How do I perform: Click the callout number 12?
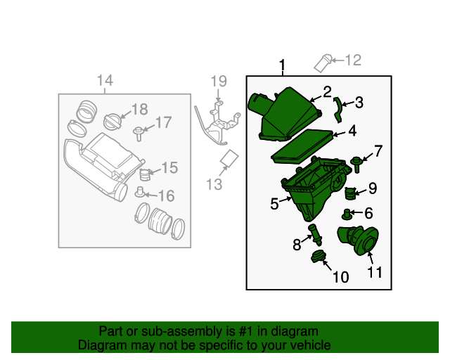point(353,60)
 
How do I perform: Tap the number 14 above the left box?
point(105,80)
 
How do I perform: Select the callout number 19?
point(219,82)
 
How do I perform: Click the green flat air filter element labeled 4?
point(302,146)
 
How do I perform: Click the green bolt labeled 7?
point(356,164)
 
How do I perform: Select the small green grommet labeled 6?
point(347,214)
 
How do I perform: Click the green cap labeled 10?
point(318,256)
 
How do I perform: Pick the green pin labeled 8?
point(315,235)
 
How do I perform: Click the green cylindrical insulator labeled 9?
point(350,193)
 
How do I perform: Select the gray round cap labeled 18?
point(112,121)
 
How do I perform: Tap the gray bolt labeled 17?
point(139,134)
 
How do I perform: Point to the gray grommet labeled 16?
point(140,192)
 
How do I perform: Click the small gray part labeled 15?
point(145,174)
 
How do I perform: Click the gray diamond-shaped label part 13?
point(229,158)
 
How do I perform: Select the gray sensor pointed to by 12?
point(323,63)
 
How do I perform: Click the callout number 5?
point(274,204)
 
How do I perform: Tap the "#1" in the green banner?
point(245,331)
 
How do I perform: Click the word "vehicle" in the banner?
point(312,345)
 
